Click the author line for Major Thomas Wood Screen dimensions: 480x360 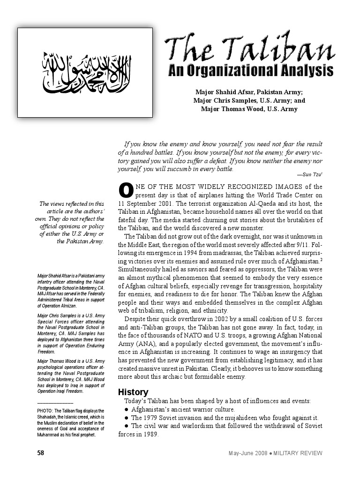click(x=249, y=109)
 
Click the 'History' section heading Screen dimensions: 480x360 click(x=133, y=392)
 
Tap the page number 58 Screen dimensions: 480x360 click(x=41, y=453)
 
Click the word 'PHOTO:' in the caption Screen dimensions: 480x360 click(x=46, y=411)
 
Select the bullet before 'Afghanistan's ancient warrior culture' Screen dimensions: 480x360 click(x=127, y=410)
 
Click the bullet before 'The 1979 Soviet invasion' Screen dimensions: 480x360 click(x=127, y=418)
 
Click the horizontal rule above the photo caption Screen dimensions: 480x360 click(x=55, y=403)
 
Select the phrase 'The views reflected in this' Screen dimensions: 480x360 click(x=72, y=203)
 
